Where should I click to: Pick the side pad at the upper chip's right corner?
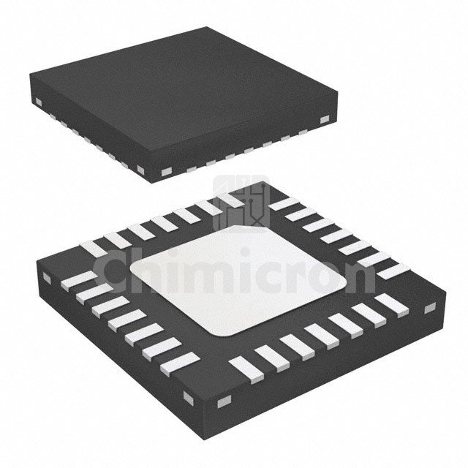pyautogui.click(x=325, y=118)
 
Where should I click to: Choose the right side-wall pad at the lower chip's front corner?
pyautogui.click(x=224, y=400)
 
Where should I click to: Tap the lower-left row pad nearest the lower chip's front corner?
pyautogui.click(x=180, y=362)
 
